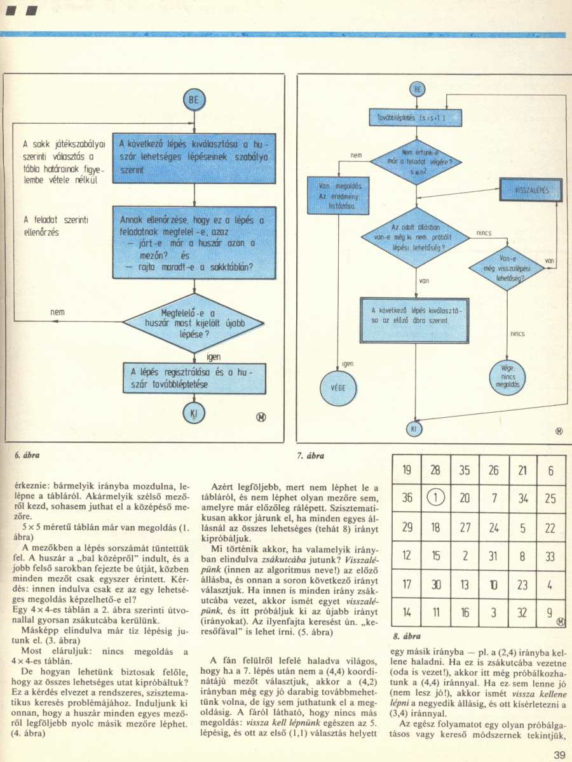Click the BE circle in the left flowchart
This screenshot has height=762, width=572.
194,99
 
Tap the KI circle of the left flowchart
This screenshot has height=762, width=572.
194,414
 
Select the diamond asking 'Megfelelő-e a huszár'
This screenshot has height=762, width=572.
194,323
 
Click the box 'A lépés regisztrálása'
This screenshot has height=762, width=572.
194,378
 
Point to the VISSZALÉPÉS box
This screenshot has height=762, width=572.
531,189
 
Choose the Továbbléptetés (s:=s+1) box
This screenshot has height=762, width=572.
415,118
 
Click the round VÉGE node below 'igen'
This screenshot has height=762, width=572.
337,386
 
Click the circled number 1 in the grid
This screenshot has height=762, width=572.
437,498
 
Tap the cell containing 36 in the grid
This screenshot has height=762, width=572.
408,498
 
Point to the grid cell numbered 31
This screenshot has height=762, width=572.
493,555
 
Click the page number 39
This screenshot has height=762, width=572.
559,754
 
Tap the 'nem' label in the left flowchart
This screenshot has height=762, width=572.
58,312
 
